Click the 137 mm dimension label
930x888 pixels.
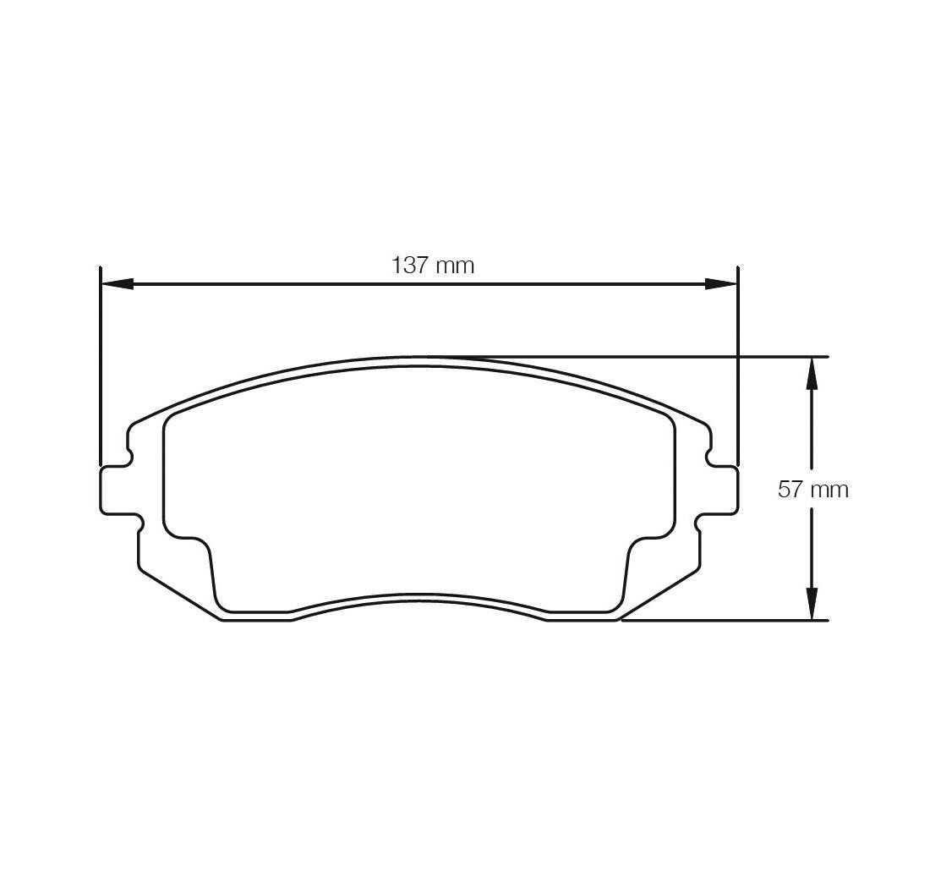tap(432, 266)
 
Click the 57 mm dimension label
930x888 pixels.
tap(812, 490)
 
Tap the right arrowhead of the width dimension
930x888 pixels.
tap(720, 283)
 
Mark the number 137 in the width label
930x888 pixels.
tap(410, 266)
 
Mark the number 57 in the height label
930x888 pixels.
tap(790, 490)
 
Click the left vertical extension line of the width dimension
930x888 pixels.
tap(101, 364)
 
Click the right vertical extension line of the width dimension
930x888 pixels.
tap(738, 364)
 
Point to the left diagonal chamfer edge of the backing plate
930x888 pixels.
tap(179, 595)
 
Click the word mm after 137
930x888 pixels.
tap(455, 266)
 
